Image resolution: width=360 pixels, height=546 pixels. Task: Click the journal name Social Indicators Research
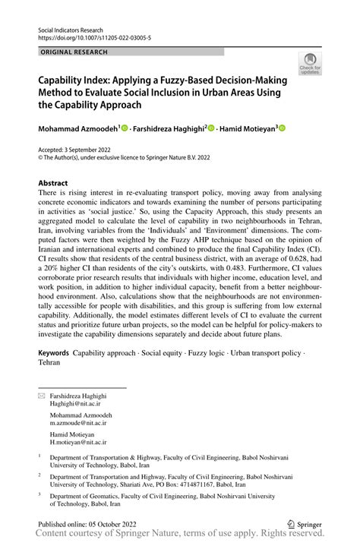[x=73, y=27]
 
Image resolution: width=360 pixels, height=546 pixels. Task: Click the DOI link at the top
[x=88, y=36]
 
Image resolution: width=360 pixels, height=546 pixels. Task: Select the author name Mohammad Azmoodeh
[x=79, y=129]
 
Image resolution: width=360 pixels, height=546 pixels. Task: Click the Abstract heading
[x=53, y=183]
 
